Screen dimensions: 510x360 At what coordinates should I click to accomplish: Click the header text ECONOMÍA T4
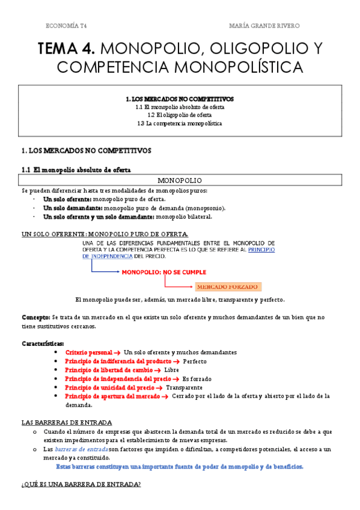coord(71,26)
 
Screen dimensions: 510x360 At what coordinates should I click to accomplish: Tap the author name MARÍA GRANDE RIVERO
coord(265,26)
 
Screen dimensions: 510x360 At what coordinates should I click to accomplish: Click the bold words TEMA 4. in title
coord(66,48)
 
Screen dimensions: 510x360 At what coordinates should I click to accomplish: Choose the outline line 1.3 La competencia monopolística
coord(180,124)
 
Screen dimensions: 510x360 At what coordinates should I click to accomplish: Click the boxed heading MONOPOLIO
coord(180,180)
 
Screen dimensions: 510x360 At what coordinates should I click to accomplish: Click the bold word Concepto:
coord(35,317)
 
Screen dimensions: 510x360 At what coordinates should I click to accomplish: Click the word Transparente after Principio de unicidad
coord(185,388)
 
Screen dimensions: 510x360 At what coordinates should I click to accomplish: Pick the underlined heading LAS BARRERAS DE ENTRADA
coord(66,423)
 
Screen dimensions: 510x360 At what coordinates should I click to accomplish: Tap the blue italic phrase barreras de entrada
coord(81,449)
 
